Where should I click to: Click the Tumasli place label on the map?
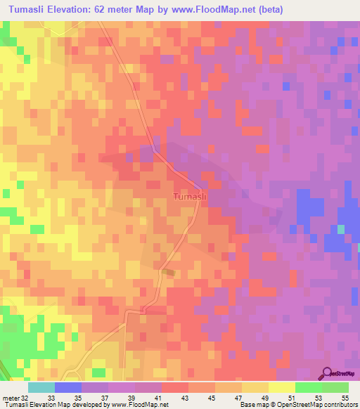(x=189, y=197)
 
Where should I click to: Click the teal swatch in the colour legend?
(x=41, y=387)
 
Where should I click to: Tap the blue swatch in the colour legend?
(x=68, y=387)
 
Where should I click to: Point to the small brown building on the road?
(x=167, y=272)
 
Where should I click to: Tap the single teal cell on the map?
(x=341, y=229)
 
